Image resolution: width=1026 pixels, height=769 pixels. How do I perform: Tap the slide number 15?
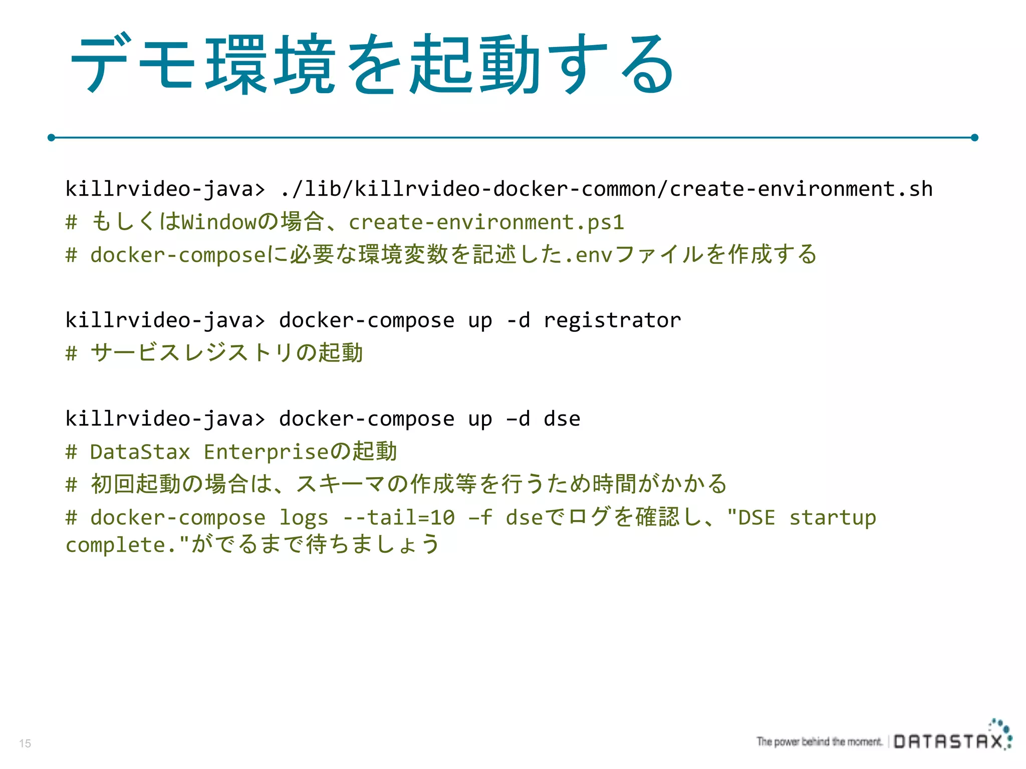click(25, 743)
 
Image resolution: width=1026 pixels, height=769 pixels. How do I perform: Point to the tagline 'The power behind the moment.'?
click(819, 741)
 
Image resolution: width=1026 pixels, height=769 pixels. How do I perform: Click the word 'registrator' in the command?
click(612, 320)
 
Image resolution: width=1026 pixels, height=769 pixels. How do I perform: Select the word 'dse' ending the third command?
click(562, 419)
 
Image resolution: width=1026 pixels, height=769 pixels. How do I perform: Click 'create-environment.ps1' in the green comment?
click(486, 222)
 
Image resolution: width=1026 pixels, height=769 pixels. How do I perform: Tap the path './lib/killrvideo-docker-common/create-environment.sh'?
click(606, 189)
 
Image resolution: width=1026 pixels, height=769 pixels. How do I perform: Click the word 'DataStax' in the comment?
click(140, 452)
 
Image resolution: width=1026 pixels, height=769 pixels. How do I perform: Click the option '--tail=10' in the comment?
click(399, 518)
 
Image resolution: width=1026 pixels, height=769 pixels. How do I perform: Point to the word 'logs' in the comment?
click(304, 518)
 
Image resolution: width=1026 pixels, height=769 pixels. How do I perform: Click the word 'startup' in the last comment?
click(833, 518)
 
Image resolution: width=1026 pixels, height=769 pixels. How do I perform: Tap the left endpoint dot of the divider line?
click(51, 137)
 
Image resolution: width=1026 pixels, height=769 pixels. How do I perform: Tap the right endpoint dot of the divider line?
click(974, 137)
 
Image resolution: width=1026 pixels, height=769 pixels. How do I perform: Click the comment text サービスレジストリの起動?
click(226, 353)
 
